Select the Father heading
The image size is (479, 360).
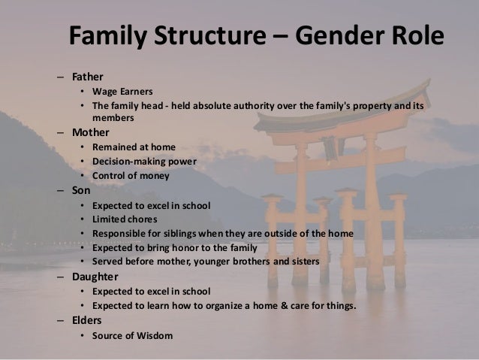coord(88,77)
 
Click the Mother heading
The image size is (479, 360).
coord(90,131)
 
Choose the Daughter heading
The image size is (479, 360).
coord(95,277)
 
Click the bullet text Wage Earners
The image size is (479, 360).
coord(122,92)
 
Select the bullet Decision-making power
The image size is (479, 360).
coord(143,161)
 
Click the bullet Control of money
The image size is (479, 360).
coord(131,176)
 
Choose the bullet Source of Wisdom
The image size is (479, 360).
coord(132,335)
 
